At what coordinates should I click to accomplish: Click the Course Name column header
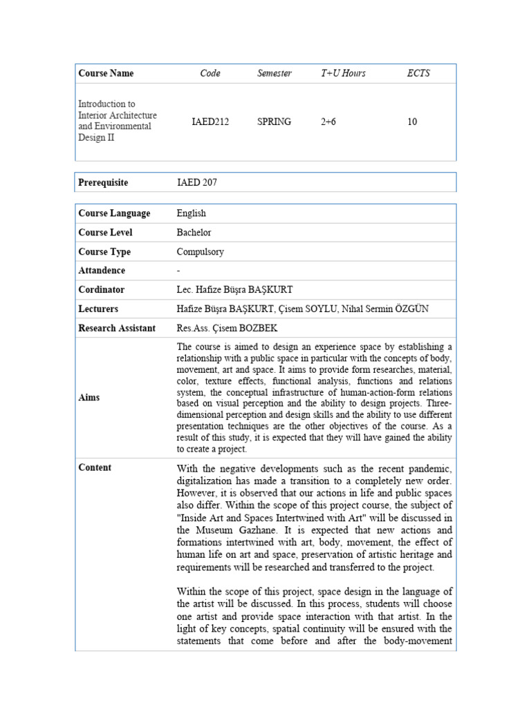106,73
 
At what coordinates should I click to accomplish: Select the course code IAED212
210,122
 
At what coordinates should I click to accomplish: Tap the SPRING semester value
274,122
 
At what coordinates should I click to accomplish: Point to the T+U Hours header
343,73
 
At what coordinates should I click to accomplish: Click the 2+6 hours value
328,122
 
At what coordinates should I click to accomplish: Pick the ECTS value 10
412,122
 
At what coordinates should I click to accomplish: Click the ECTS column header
418,73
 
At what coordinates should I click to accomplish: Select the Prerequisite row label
103,182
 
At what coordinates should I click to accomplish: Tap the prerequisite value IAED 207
197,182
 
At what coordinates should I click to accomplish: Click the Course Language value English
191,213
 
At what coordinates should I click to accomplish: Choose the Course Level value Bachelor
194,233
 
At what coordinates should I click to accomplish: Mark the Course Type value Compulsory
201,252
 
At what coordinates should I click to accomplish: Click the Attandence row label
102,271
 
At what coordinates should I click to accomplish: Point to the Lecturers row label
98,309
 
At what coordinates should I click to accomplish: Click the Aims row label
89,398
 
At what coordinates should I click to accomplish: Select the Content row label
95,467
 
